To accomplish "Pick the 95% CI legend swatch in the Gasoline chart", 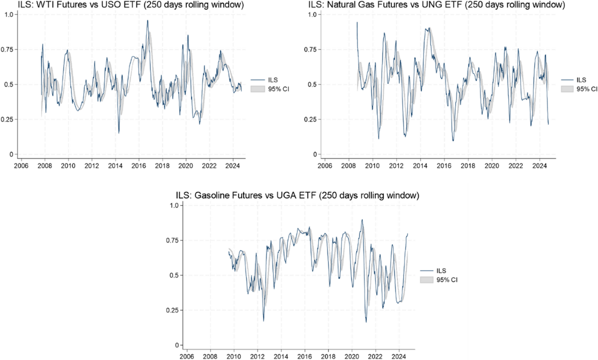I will tap(427, 280).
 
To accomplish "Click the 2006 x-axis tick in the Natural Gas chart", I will tap(324, 165).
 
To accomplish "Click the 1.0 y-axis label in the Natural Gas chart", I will tap(311, 14).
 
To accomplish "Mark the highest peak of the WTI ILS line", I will tap(148, 21).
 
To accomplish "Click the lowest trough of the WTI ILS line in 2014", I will tap(119, 133).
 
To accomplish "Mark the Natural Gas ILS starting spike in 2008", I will tap(357, 22).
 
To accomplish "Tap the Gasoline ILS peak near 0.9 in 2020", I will tap(362, 220).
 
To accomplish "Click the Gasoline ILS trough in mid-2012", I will tap(263, 321).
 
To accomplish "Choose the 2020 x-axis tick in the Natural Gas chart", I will tap(492, 165).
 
